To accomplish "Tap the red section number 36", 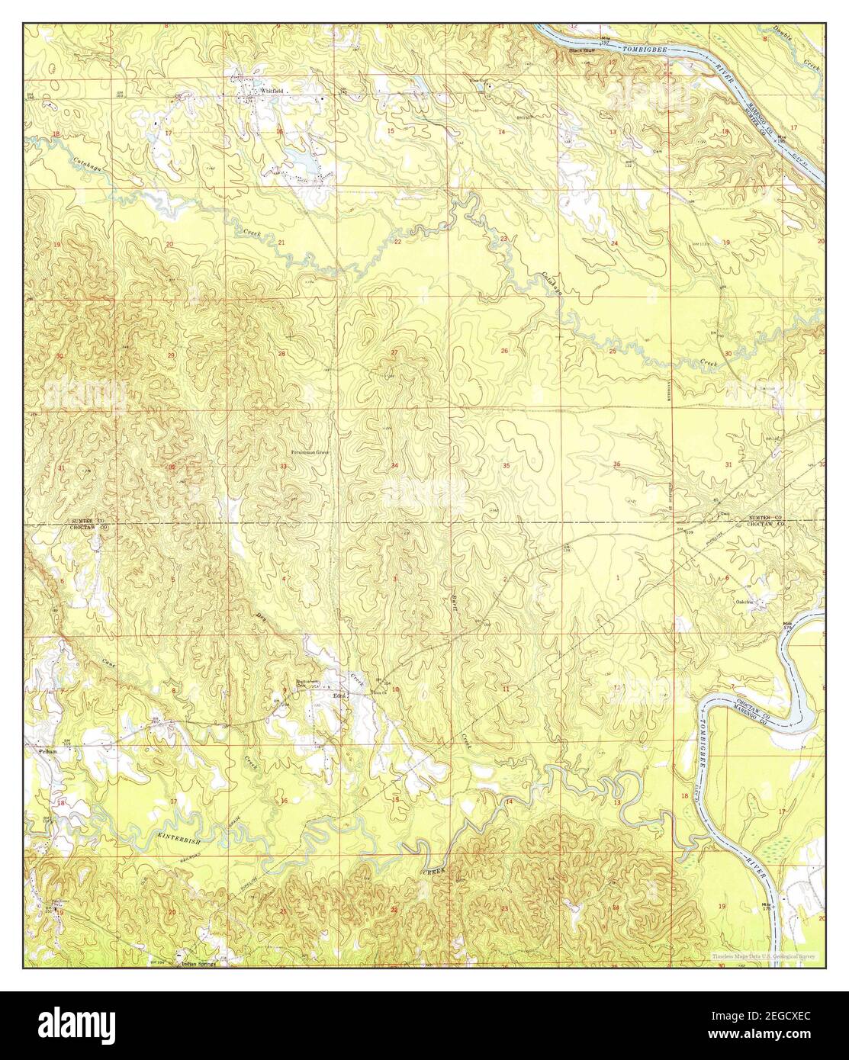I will pyautogui.click(x=616, y=464).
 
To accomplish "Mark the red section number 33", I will pyautogui.click(x=283, y=466).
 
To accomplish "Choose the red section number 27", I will pyautogui.click(x=394, y=352).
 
